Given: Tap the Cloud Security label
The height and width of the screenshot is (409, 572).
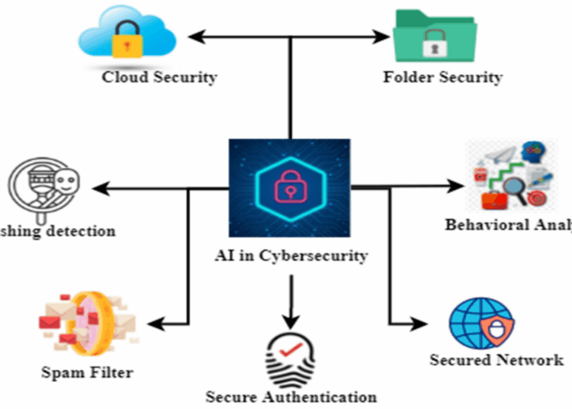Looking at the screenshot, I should click(x=160, y=77).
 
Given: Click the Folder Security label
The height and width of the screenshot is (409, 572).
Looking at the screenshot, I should click(x=442, y=77).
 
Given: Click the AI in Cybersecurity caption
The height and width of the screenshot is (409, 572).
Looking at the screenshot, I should click(x=290, y=256).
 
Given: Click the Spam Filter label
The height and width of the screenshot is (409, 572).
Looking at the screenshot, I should click(x=88, y=373).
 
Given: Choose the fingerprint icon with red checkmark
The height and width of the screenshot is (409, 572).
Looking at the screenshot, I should click(x=290, y=355).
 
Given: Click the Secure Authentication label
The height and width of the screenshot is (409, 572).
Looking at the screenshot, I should click(x=291, y=397).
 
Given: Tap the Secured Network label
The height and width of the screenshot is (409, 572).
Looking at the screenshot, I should click(x=496, y=360).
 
